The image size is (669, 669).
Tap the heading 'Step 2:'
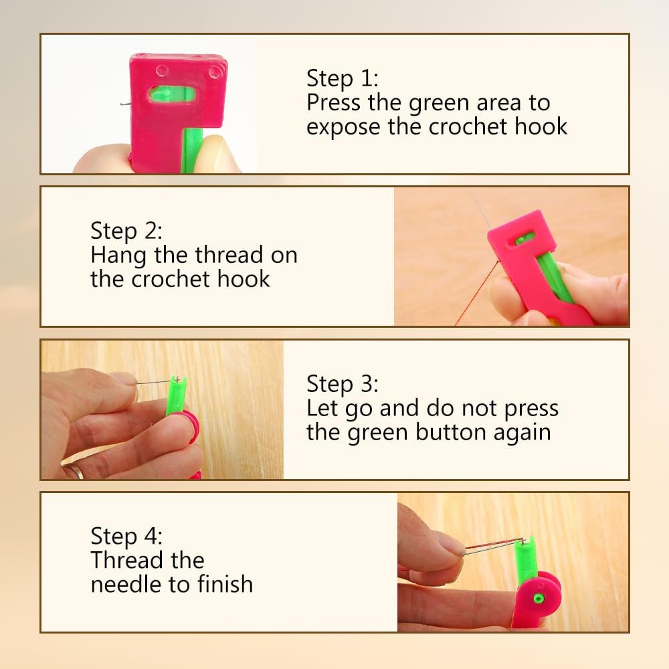(126, 231)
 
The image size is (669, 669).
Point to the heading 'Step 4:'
(126, 537)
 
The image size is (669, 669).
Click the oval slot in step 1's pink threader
(172, 94)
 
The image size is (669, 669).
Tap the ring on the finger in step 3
(76, 472)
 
